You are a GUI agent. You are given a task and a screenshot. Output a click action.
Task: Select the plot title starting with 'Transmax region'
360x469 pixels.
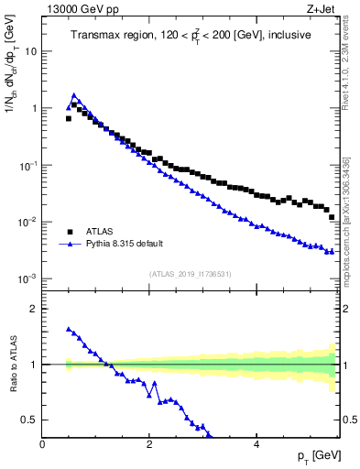pos(191,36)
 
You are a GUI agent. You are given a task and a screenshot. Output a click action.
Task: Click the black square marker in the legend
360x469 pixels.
pos(71,233)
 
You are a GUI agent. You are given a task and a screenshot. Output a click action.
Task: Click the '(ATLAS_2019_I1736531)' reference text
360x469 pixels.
pos(190,273)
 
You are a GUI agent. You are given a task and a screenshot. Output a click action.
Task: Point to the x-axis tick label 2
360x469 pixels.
pos(148,444)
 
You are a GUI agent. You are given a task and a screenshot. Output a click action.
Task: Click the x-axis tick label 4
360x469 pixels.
pos(256,444)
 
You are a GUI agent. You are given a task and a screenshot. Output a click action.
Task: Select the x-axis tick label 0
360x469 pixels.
pos(42,444)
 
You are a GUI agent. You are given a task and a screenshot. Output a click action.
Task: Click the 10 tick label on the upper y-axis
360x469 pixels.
pos(30,51)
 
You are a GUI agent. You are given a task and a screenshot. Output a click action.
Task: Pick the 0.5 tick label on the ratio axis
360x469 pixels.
pos(28,420)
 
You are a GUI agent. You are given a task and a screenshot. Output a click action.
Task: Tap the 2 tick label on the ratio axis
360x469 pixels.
pos(33,309)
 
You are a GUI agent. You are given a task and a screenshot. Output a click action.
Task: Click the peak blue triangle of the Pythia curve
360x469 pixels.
pos(74,94)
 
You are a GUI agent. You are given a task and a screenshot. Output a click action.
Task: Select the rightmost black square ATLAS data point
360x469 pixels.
pos(332,217)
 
